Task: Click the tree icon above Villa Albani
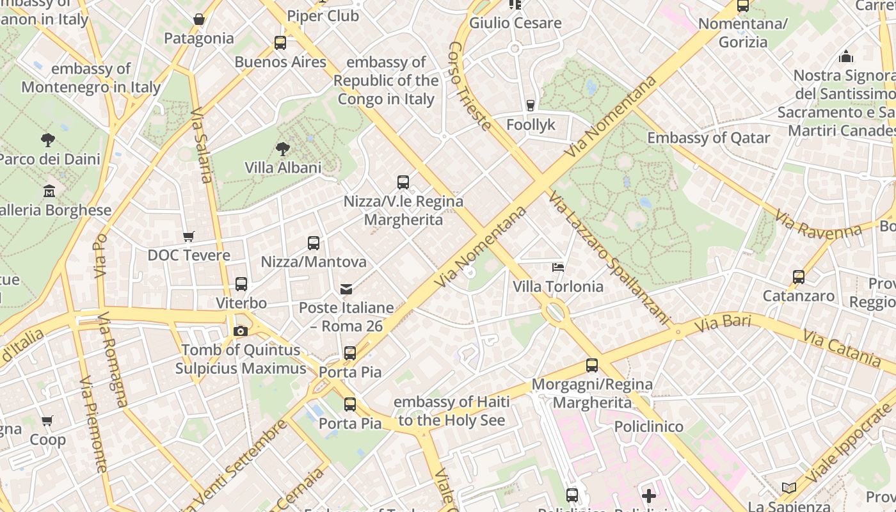282,149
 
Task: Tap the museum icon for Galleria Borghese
49,191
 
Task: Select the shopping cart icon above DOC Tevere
188,237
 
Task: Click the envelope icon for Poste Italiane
346,289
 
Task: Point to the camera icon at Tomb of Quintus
241,331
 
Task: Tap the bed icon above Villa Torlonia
558,267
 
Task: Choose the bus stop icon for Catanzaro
799,277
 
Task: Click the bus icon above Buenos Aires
280,43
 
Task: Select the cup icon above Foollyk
530,106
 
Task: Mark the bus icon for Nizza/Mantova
314,243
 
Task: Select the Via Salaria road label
201,145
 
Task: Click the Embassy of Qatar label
708,138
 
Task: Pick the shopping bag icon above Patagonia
199,20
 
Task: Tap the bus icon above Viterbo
241,284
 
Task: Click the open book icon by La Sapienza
789,488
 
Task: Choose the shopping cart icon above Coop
47,421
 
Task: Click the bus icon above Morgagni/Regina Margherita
592,366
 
